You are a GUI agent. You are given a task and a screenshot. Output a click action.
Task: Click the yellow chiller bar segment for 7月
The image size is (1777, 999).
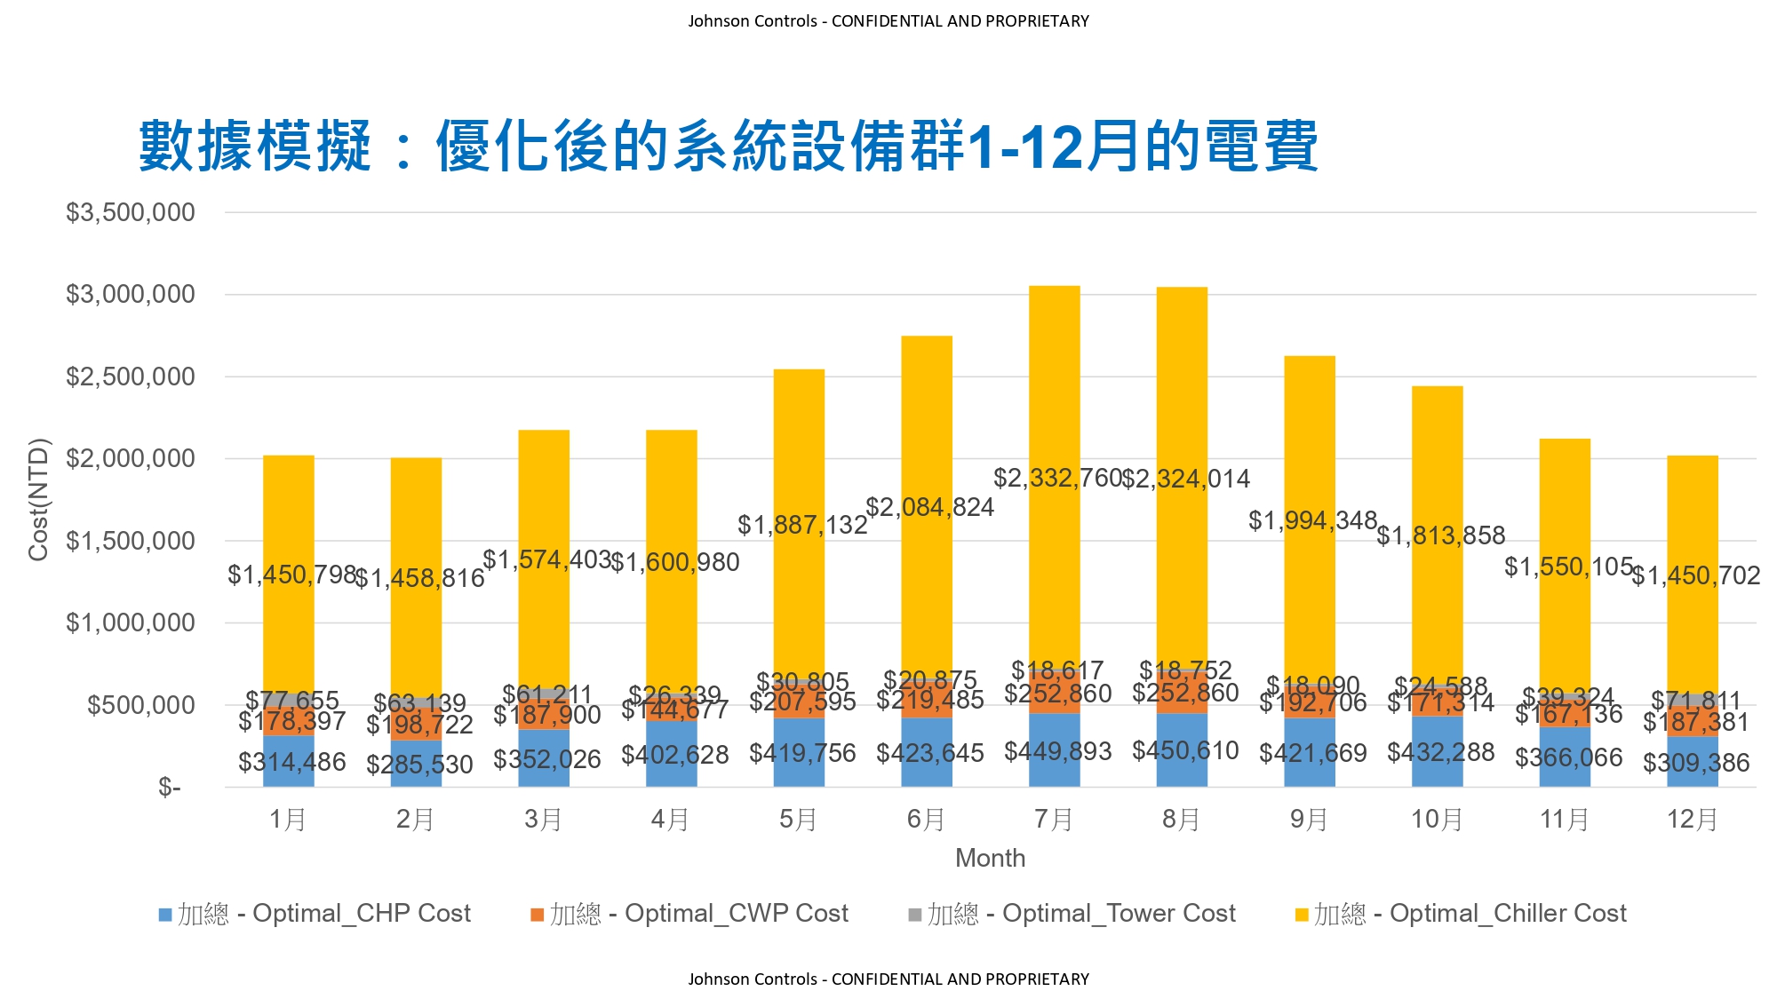point(1054,400)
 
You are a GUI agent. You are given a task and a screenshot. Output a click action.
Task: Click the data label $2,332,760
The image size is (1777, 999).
point(1057,479)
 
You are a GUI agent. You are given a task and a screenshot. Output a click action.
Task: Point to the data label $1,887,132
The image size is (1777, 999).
point(802,525)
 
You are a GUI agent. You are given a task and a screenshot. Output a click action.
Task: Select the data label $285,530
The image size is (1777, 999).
point(419,765)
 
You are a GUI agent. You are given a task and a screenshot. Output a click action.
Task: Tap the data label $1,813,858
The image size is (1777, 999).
point(1440,535)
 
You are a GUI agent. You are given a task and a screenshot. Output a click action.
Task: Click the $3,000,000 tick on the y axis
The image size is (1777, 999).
point(131,295)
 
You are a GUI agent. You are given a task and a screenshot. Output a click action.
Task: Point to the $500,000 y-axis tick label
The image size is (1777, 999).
point(140,705)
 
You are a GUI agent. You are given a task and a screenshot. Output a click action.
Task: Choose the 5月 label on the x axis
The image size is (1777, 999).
point(798,819)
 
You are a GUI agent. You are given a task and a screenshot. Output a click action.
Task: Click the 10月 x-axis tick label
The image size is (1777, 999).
point(1437,819)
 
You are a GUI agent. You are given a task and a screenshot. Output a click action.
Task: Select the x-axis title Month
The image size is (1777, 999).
point(990,858)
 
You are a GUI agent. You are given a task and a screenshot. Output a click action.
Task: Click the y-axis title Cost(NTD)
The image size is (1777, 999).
point(38,500)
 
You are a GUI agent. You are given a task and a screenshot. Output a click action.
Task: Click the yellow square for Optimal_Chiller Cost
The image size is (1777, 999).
point(1302,915)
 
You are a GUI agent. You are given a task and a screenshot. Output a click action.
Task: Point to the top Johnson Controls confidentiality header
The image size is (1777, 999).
point(888,21)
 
